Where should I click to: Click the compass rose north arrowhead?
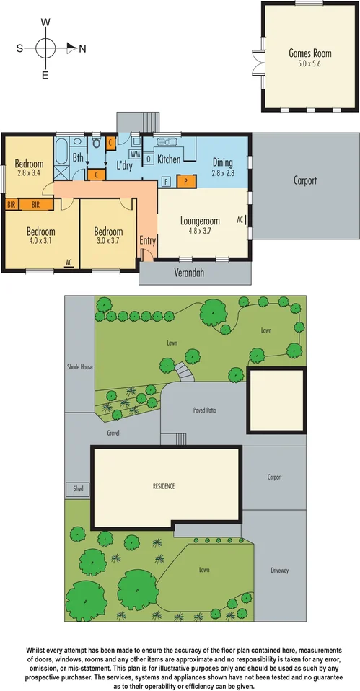[71, 48]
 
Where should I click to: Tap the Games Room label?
[304, 53]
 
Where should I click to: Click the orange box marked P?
[186, 182]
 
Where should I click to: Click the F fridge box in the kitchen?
[165, 182]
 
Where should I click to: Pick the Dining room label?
[222, 163]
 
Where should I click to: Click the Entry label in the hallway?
[148, 240]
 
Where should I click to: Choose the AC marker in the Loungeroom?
[240, 219]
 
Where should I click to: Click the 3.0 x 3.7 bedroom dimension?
[108, 242]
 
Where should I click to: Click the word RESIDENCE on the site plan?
[164, 486]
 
